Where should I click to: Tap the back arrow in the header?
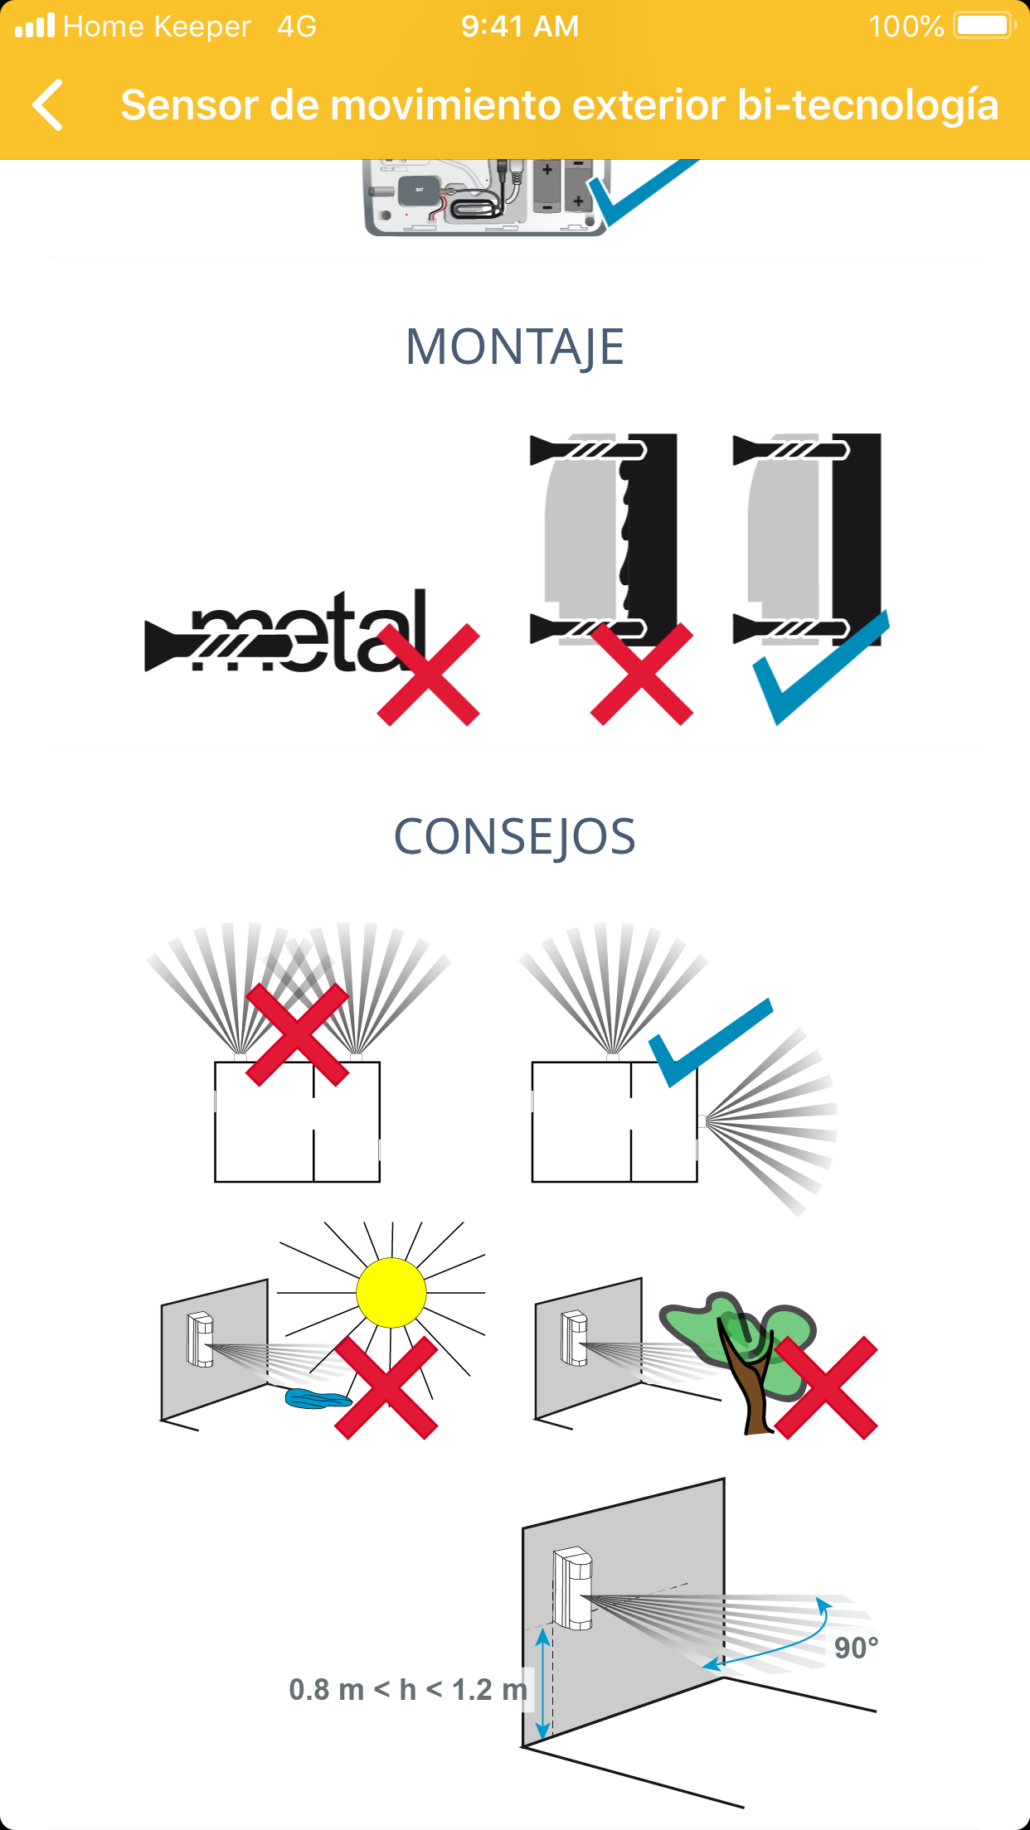[47, 105]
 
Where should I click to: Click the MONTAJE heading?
[515, 347]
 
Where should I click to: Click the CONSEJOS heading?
[515, 837]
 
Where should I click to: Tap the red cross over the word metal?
[429, 675]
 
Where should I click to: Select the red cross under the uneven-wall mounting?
[642, 675]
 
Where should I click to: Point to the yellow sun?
[391, 1293]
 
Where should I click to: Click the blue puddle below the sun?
[318, 1399]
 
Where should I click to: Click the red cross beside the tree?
[826, 1387]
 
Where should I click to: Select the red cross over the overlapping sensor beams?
[298, 1034]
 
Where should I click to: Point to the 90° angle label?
[856, 1648]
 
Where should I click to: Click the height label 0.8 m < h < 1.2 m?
[408, 1689]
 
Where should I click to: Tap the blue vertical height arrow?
[542, 1683]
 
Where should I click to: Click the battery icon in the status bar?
[985, 26]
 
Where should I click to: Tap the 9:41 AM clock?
[520, 27]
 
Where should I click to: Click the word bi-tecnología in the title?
[867, 105]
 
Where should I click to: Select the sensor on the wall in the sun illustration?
[200, 1339]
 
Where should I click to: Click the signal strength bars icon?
[35, 26]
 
